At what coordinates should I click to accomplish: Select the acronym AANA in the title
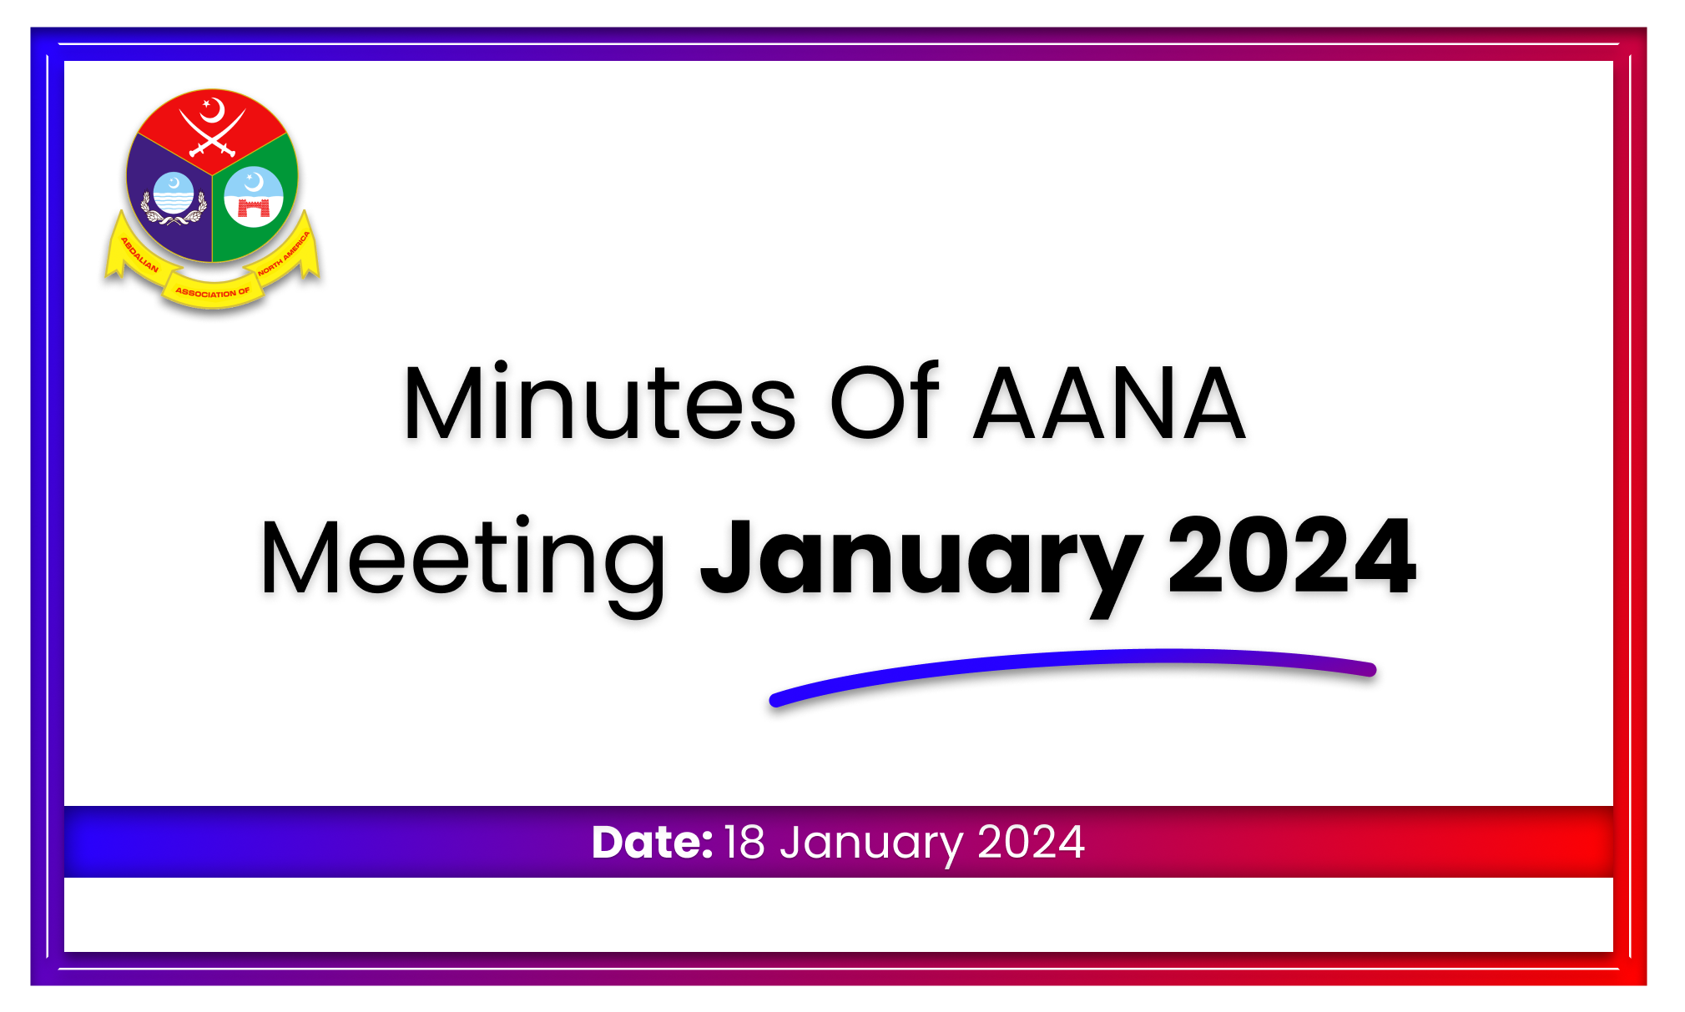[1110, 403]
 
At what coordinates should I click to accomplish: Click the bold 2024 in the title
[1292, 556]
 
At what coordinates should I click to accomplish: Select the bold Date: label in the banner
[652, 842]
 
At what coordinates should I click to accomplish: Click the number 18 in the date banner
[744, 842]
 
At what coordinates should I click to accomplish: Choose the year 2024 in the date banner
[1032, 842]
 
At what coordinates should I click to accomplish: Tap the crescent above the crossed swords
[214, 109]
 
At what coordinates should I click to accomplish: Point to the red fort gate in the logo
[254, 207]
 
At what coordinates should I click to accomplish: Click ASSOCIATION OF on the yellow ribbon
[213, 292]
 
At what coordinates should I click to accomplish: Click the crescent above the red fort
[254, 181]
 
